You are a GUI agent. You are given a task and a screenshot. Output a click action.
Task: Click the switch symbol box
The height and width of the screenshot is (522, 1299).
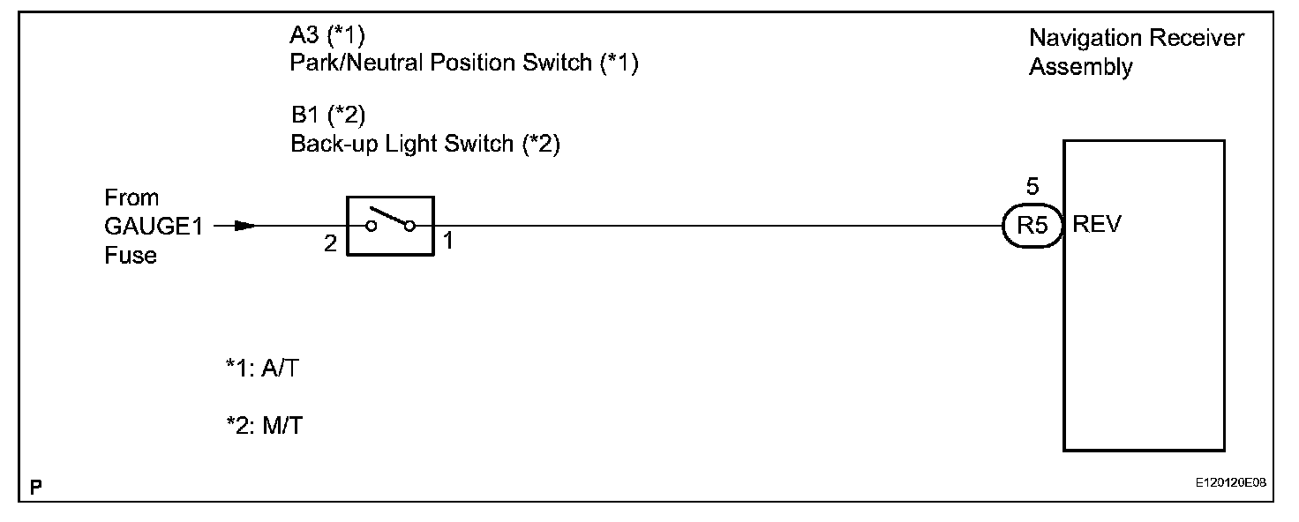point(390,226)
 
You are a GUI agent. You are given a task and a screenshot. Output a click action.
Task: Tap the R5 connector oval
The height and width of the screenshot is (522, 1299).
point(1031,225)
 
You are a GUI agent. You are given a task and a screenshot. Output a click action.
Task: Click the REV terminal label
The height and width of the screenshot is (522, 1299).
point(1097,225)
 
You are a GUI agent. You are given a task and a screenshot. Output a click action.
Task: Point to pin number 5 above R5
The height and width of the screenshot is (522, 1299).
point(1032,187)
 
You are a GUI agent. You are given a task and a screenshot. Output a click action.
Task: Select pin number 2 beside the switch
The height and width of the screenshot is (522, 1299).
point(330,244)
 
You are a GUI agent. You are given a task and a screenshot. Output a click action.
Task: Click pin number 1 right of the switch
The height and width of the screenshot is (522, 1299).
point(447,241)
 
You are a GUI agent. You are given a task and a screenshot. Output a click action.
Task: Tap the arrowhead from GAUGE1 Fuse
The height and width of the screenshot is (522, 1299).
point(246,226)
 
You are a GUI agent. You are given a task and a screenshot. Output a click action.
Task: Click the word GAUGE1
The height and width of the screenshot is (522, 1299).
point(154,226)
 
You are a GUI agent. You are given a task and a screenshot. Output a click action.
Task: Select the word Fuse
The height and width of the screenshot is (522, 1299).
point(130,256)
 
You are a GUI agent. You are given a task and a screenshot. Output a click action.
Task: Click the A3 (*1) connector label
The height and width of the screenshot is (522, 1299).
point(327,36)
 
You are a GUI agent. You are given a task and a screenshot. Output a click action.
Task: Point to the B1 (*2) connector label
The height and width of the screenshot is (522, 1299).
point(327,116)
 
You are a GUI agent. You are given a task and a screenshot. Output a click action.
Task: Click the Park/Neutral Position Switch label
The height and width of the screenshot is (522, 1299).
point(464,64)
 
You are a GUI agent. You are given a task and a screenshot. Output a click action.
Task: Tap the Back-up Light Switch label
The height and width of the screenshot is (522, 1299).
point(425,144)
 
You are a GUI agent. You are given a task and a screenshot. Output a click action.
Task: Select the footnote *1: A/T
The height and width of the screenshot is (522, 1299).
point(263,369)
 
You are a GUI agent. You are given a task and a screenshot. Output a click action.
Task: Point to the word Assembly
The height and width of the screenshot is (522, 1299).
point(1080,67)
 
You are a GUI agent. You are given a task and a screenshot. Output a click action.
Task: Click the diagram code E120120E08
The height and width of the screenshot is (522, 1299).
point(1231,485)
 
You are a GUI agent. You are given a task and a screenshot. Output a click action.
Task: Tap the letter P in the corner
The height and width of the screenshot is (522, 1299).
point(36,486)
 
